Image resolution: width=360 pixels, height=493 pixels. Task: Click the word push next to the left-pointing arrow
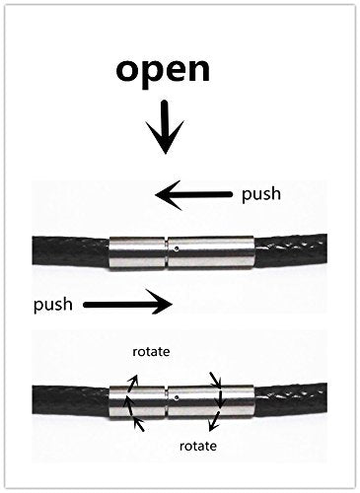click(x=261, y=194)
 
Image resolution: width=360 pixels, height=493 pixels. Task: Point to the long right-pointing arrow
click(x=128, y=305)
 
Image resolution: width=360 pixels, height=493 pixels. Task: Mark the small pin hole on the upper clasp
click(x=177, y=248)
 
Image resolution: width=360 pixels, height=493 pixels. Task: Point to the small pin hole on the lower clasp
click(x=177, y=396)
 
